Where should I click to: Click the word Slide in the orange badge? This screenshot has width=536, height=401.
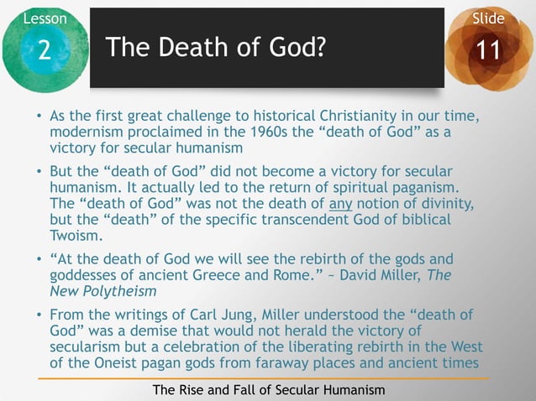488,18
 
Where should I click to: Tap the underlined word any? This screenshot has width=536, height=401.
339,204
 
